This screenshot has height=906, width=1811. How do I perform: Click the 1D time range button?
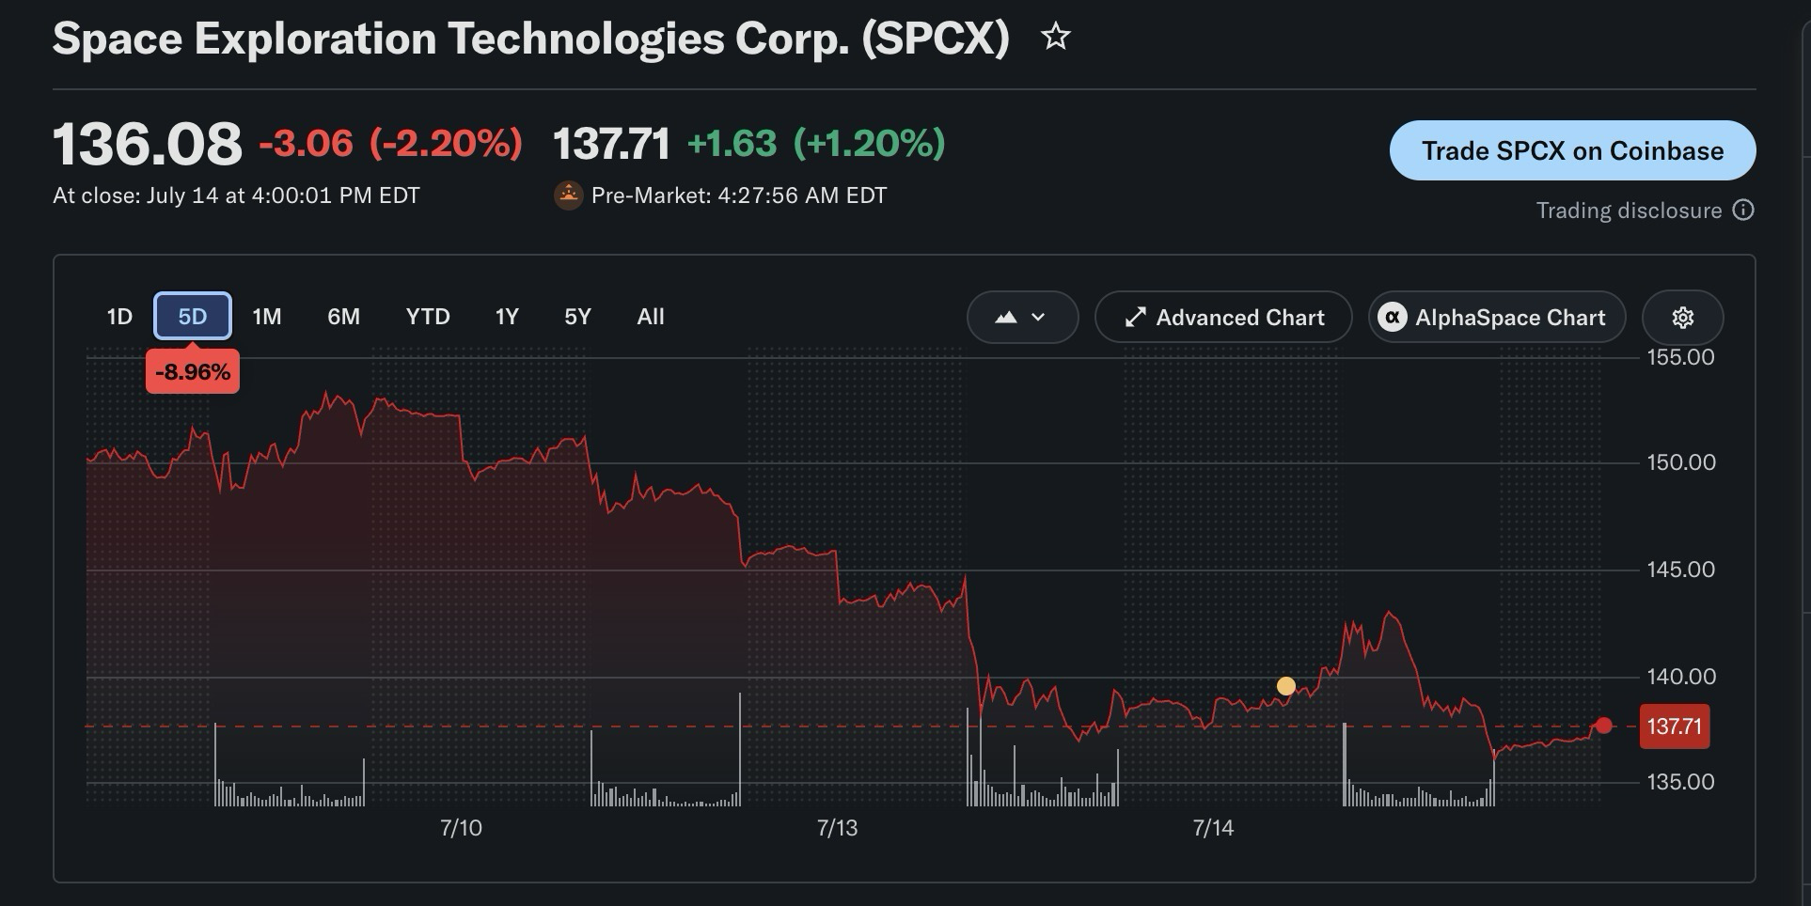pos(119,317)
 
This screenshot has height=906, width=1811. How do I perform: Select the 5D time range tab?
pos(193,317)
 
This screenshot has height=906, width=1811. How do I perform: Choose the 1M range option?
pos(267,317)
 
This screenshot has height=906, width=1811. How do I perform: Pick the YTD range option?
pos(428,317)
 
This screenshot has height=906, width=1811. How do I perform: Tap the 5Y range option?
pos(577,317)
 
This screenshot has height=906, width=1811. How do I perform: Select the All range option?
pos(651,317)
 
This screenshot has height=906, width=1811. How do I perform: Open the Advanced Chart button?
pos(1223,318)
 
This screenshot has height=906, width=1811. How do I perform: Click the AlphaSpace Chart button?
pos(1497,318)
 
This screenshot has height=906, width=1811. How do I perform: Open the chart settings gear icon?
pos(1683,318)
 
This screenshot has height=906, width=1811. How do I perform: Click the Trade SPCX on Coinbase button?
pos(1572,150)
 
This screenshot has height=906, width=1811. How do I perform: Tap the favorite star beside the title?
pos(1056,37)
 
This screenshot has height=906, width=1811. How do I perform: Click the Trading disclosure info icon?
pos(1743,210)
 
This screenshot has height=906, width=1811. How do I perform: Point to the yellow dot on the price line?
pos(1286,686)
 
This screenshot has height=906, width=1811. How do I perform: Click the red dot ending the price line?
pos(1604,726)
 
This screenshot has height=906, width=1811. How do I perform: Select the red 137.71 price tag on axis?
pos(1675,726)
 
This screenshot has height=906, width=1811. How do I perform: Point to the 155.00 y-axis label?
pos(1681,357)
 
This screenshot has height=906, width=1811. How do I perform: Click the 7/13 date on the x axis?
pos(837,828)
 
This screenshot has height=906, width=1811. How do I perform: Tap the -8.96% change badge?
pos(193,372)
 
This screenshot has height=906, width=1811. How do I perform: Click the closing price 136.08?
pos(148,144)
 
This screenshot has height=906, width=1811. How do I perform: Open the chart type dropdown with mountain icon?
pos(1022,318)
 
